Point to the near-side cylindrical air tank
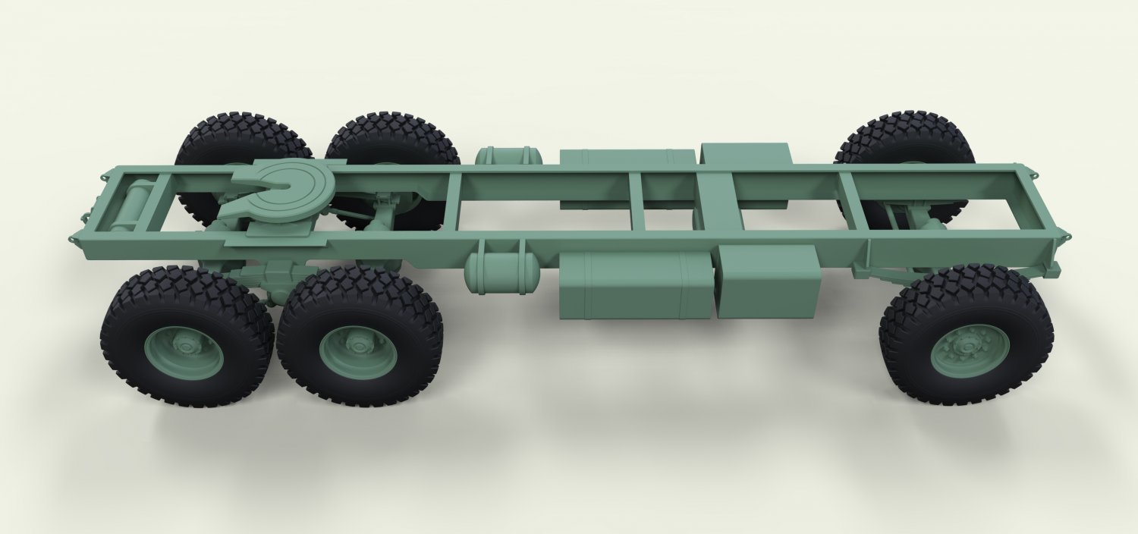501,272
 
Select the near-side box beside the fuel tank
768,282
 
